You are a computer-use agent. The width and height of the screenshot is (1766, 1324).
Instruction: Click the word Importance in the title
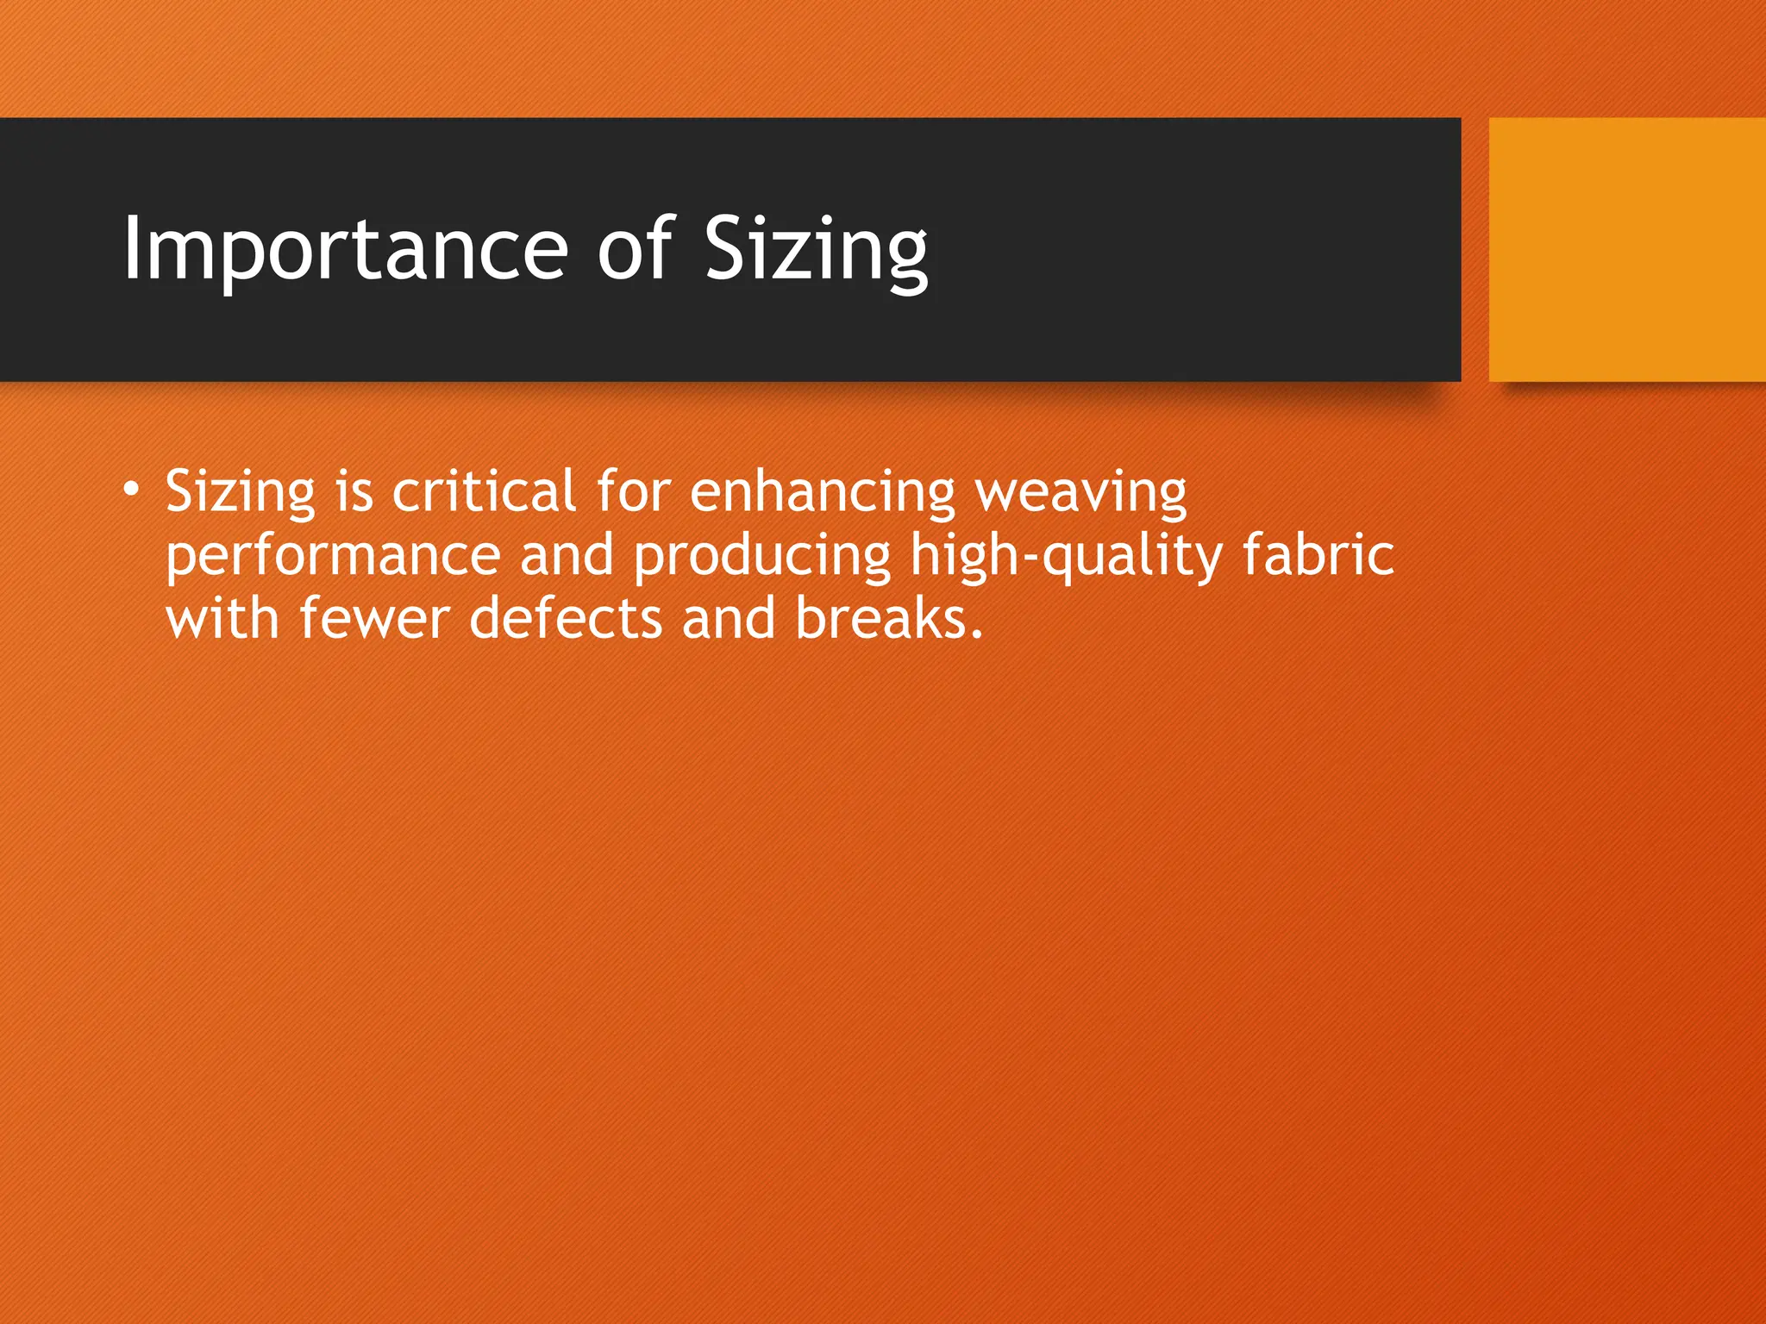345,249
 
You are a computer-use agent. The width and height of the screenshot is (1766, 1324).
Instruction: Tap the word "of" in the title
635,249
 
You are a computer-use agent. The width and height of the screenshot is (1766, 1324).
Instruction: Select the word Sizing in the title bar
816,249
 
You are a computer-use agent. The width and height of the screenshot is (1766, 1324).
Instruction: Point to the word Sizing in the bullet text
241,493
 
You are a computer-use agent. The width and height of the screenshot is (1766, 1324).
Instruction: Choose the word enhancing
823,493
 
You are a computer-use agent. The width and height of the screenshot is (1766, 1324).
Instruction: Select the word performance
333,557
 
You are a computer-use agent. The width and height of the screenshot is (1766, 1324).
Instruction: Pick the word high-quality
1067,557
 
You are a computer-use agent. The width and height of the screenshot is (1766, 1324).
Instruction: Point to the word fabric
1318,555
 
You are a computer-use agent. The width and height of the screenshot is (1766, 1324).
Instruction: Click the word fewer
374,620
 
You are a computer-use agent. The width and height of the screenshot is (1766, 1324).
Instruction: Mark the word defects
566,620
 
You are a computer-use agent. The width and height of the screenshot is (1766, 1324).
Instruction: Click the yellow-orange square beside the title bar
1627,249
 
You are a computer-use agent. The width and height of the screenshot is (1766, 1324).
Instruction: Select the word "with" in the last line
222,620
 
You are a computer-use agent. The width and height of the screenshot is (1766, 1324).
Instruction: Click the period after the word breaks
975,634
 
